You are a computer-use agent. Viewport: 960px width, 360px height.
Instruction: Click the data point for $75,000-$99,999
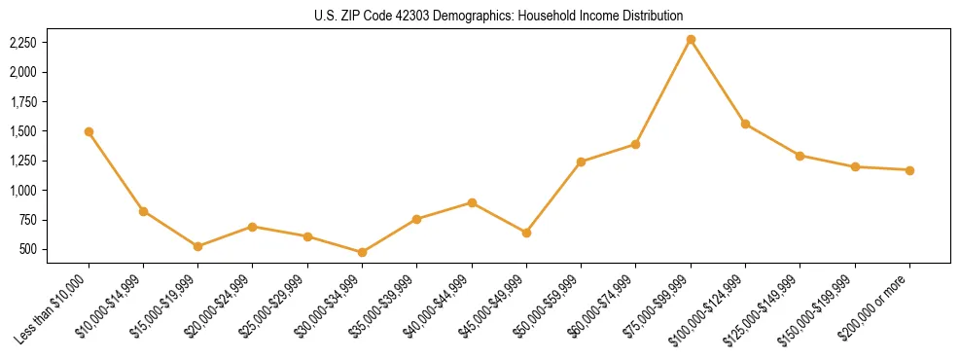[x=691, y=40]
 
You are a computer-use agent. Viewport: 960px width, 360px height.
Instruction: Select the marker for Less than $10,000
[x=89, y=131]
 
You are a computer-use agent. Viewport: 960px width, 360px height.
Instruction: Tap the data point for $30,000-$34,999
[x=362, y=252]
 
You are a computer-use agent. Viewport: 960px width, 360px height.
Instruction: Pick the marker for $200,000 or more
[x=909, y=170]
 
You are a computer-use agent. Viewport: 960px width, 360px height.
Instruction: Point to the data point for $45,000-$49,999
[x=526, y=233]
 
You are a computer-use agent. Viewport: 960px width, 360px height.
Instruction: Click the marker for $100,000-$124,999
[x=745, y=125]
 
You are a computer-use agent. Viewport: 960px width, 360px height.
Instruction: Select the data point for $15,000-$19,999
[x=197, y=246]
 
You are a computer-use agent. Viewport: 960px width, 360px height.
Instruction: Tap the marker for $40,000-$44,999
[x=472, y=202]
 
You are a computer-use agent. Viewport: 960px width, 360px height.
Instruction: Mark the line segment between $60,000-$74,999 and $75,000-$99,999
[x=663, y=91]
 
